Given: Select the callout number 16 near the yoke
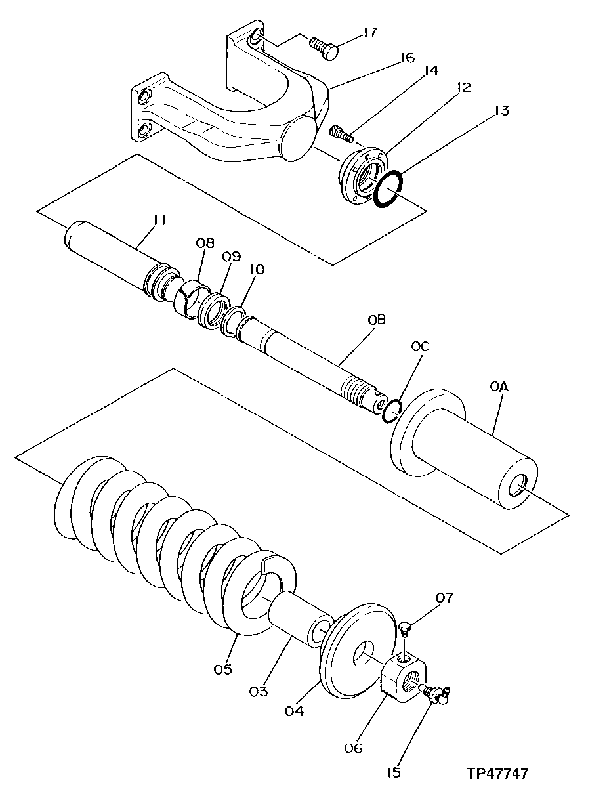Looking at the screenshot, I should point(407,58).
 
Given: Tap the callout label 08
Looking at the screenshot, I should point(205,243).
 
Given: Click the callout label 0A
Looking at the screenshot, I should point(499,387).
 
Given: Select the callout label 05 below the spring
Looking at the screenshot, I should point(222,669).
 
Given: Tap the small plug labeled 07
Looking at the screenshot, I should point(405,629).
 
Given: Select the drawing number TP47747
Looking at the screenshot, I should point(497,774).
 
